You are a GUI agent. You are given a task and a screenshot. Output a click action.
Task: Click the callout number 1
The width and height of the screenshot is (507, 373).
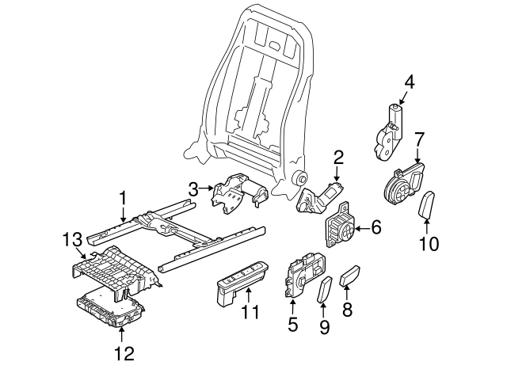(123, 196)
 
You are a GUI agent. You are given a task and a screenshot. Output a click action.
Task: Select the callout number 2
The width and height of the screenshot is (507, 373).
(337, 157)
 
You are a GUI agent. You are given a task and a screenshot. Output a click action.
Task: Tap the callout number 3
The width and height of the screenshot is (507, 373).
(194, 188)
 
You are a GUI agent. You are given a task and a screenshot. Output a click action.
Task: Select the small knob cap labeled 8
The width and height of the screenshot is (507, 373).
(350, 277)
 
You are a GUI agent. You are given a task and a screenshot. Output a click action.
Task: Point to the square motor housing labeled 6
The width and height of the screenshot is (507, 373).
(339, 228)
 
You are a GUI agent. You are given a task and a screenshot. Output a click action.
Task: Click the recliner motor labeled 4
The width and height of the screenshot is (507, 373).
(388, 132)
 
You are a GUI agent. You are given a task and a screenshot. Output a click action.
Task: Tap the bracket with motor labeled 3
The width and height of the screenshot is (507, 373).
(238, 192)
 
